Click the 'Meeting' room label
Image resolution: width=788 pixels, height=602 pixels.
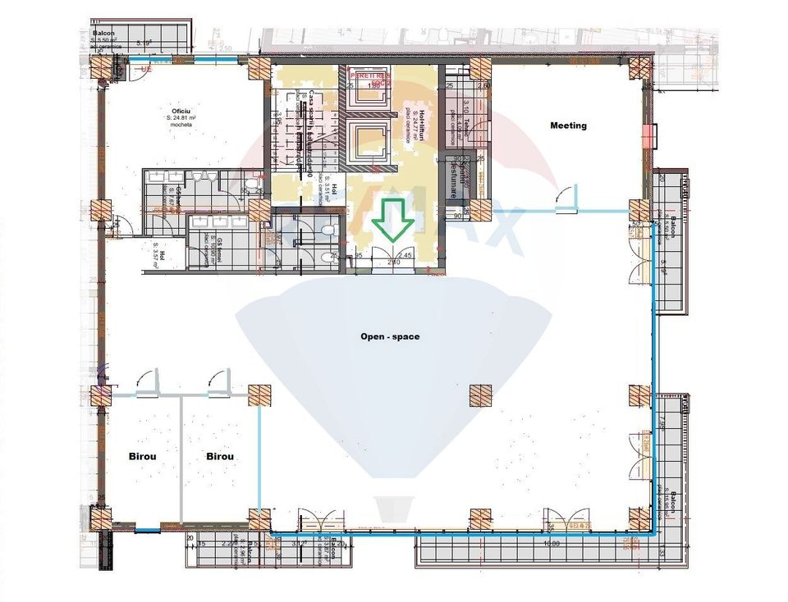click(x=568, y=125)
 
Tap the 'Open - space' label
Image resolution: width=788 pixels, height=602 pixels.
click(x=390, y=336)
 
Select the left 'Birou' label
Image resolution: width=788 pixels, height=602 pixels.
click(x=142, y=456)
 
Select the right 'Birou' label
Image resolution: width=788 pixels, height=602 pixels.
click(x=220, y=456)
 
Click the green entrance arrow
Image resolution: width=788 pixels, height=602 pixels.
click(x=392, y=220)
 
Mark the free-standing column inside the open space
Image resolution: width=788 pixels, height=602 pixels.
click(x=480, y=396)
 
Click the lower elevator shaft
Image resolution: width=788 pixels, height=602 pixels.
click(x=369, y=141)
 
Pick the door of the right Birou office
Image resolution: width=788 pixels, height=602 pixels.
click(x=218, y=382)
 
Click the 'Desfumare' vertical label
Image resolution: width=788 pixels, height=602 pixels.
click(x=452, y=177)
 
